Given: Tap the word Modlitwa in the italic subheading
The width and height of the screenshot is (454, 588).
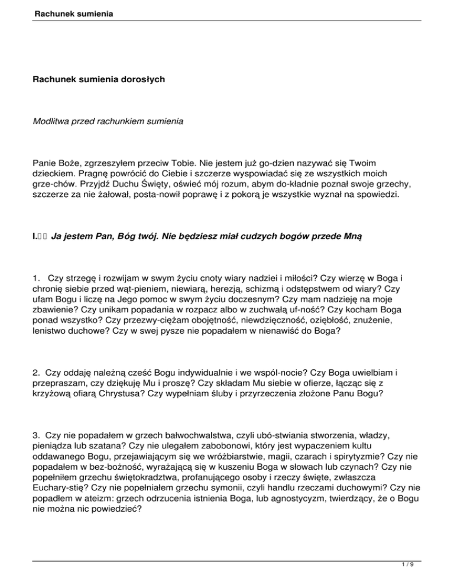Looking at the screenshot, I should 53,122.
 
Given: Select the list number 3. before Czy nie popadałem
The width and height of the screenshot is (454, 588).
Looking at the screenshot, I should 37,435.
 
